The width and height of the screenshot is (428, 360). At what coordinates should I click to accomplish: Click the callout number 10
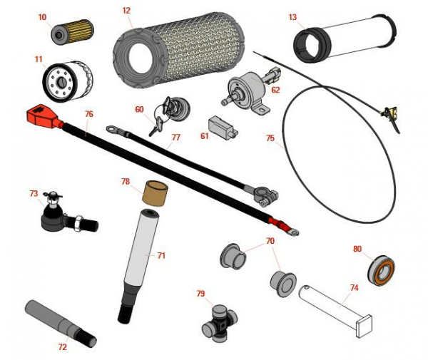tap(42, 16)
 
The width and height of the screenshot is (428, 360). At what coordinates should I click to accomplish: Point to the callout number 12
tap(126, 11)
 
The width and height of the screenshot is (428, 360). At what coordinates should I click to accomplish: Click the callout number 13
tap(293, 16)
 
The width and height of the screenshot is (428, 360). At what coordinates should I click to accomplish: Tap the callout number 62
tap(275, 90)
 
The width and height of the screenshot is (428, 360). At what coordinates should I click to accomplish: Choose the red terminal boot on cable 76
tap(39, 115)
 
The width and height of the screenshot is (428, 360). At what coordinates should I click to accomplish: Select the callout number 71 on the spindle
tap(161, 254)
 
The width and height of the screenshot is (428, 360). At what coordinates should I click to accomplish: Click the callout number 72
tap(63, 346)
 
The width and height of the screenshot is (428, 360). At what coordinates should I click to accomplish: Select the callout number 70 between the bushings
tap(270, 241)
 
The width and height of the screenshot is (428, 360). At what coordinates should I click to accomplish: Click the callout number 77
tap(175, 138)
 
